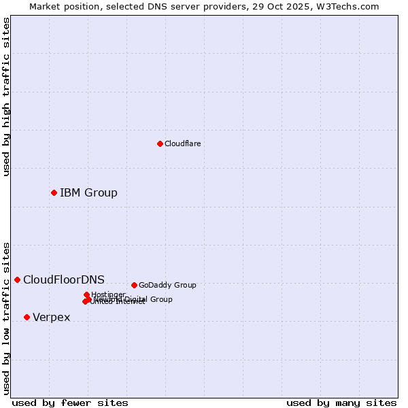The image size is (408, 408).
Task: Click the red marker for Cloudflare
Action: point(160,143)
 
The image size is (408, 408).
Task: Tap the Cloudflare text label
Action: point(182,143)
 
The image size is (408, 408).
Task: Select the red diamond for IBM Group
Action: point(54,192)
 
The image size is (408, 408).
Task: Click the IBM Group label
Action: point(88,192)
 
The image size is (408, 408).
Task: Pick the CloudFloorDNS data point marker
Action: point(17,279)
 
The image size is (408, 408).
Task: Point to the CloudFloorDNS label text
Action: point(64,279)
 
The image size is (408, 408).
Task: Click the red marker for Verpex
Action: point(27,317)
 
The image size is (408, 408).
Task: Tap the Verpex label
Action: point(51,318)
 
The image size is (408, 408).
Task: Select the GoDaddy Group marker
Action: point(134,285)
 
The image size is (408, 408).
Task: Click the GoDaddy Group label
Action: point(167,285)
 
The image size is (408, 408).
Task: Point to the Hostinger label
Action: point(108,294)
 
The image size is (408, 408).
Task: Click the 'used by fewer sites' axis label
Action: point(70,403)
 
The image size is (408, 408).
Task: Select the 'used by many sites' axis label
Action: point(341,403)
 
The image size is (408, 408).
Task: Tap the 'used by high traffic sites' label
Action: point(6,97)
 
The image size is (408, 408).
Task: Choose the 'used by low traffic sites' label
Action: point(6,318)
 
